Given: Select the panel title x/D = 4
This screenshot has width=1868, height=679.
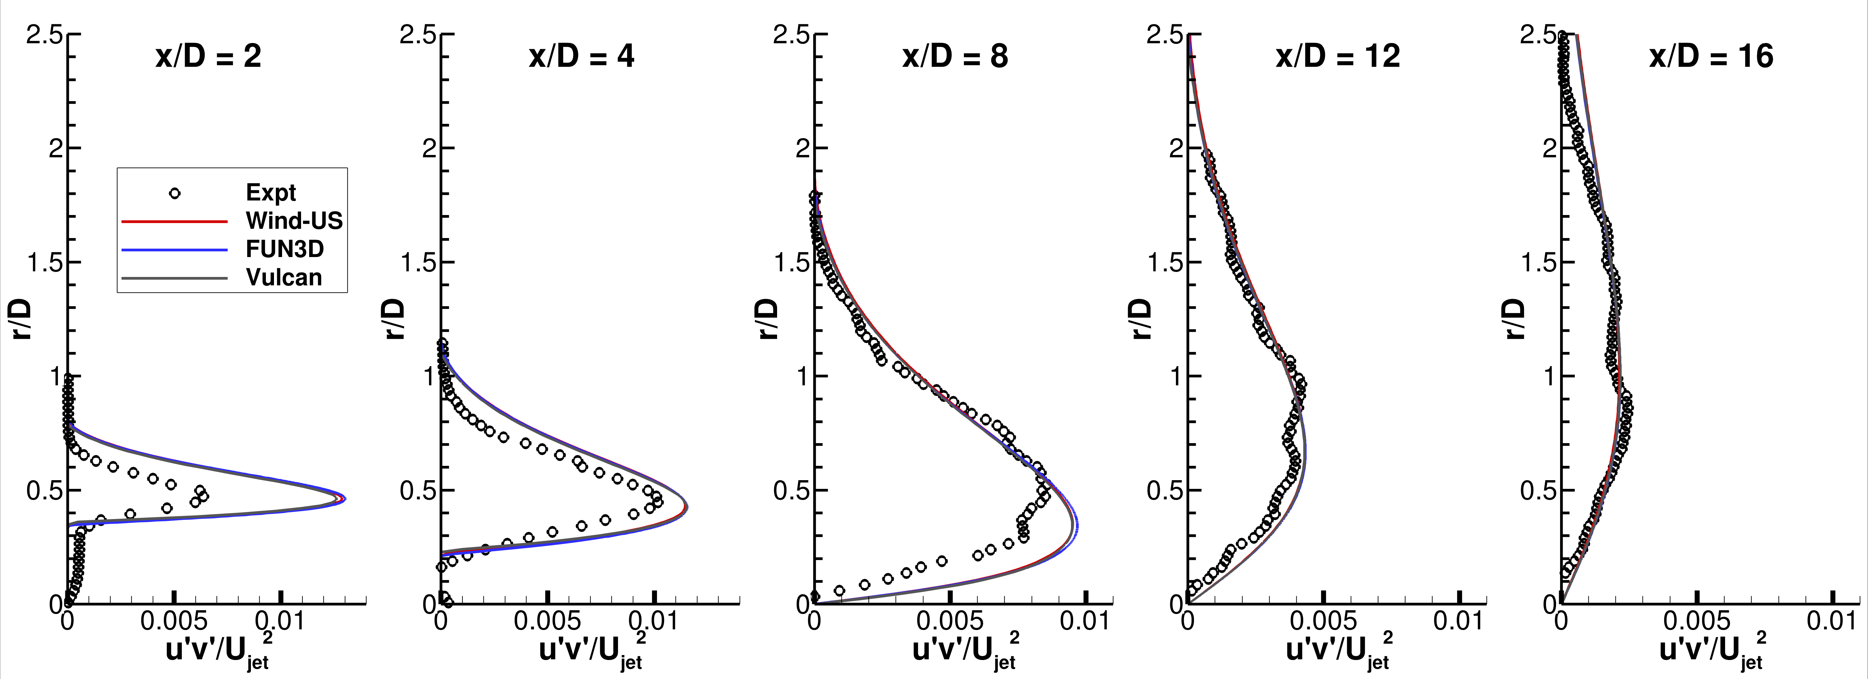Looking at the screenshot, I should [582, 57].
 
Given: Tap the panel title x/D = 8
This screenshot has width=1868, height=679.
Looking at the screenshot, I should [955, 57].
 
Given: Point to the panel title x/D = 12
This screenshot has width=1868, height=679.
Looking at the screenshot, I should [1338, 57].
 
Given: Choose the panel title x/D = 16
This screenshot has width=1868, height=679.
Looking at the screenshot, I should [1711, 57].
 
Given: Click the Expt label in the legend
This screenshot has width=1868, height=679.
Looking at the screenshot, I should [271, 193].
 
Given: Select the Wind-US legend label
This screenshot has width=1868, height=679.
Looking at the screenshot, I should [294, 221].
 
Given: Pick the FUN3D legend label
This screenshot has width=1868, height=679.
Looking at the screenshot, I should [284, 249].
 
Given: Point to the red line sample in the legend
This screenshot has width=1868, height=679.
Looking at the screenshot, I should [175, 221].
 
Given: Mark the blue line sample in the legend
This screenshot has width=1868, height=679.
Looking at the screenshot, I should [175, 249].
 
